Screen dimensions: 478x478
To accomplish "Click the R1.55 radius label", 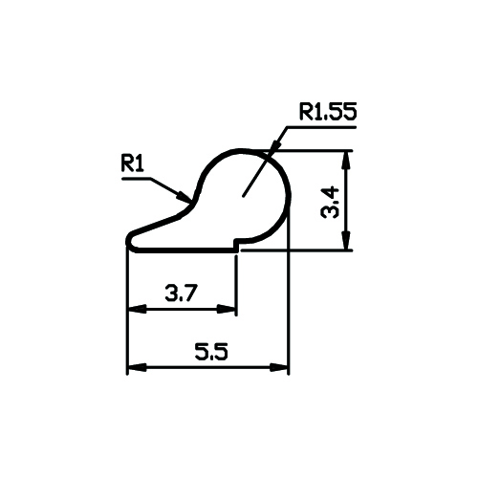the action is point(328,112).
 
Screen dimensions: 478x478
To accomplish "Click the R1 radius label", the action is point(132,164).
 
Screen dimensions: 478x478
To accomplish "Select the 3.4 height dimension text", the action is point(330,203).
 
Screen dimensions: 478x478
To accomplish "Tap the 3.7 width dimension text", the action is point(182,293).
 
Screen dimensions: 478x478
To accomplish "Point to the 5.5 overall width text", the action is point(211,352).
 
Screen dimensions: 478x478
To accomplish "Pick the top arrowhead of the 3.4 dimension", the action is point(346,160).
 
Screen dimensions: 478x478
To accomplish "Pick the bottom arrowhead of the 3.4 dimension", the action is point(346,241).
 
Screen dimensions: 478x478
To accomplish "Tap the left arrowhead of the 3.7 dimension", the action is point(137,309).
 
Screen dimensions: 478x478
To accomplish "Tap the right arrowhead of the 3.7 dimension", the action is point(227,309).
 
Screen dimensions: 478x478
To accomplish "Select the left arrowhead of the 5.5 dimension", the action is point(137,368).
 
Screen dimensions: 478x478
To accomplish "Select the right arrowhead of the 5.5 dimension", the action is point(279,368).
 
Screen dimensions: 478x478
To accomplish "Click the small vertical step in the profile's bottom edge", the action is point(236,245).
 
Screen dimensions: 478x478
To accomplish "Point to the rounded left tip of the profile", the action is point(129,241).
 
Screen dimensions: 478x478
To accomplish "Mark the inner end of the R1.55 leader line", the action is point(243,196).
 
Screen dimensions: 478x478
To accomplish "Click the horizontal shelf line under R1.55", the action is point(321,127).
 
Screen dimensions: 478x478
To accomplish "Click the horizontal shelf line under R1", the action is point(137,179).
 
